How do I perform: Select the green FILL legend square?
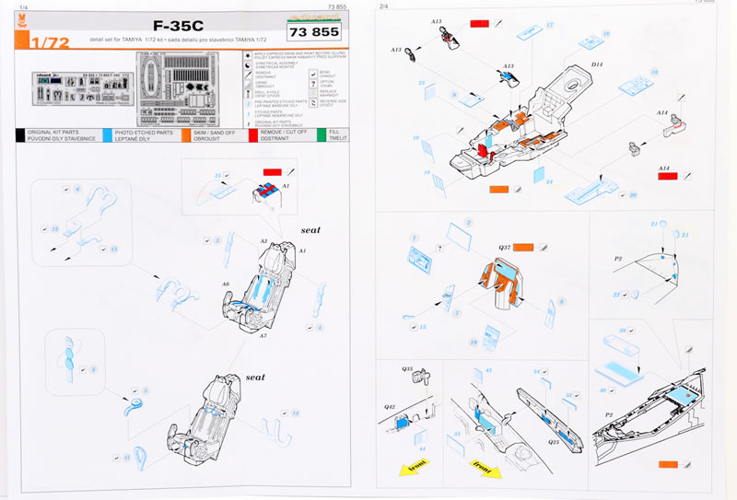(x=322, y=134)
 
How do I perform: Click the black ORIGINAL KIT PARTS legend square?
(x=22, y=134)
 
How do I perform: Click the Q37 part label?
(x=505, y=247)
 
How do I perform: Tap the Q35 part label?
(x=408, y=370)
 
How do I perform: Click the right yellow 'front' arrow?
(x=482, y=463)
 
